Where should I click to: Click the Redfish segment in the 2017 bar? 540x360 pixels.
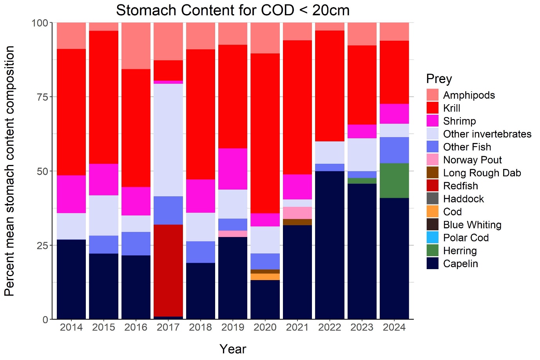[x=168, y=270]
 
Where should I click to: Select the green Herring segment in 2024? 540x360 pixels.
[x=394, y=181]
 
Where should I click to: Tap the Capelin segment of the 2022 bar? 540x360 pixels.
[x=330, y=245]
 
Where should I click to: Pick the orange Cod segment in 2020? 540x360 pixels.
[x=265, y=277]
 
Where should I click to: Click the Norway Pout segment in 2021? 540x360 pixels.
[x=297, y=213]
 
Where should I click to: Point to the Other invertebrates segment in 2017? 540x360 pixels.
[x=168, y=140]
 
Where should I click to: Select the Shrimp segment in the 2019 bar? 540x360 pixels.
[x=233, y=169]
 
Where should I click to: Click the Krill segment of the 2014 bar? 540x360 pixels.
[x=71, y=112]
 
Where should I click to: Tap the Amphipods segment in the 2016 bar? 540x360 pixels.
[x=136, y=46]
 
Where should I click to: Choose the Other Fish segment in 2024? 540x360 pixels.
[x=394, y=150]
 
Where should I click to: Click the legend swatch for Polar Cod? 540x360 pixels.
[x=432, y=238]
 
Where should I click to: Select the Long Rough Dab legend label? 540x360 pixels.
[x=482, y=173]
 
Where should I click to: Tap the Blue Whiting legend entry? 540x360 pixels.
[x=472, y=225]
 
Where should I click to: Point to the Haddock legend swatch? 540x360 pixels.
[x=432, y=199]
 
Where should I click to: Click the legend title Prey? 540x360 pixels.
[x=439, y=79]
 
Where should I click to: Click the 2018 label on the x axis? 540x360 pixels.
[x=200, y=327]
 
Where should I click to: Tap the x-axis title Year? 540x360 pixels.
[x=233, y=349]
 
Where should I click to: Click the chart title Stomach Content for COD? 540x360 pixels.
[x=233, y=11]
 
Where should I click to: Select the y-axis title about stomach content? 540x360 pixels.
[x=10, y=171]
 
